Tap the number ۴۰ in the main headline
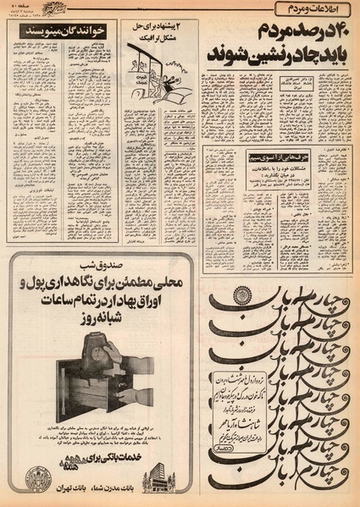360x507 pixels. tap(335, 36)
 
